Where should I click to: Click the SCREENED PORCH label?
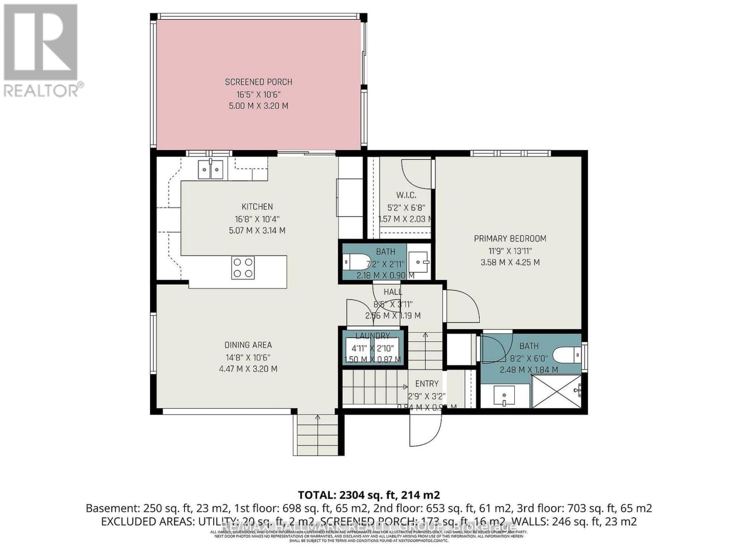(258, 82)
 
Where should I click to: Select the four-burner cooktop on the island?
(243, 268)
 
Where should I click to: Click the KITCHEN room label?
(257, 207)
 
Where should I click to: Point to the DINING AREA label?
(248, 345)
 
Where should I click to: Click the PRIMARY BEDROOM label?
(510, 239)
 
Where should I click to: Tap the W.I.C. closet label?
(406, 195)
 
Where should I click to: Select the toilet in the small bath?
(358, 262)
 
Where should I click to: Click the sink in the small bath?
(419, 262)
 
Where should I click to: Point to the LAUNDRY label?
(372, 336)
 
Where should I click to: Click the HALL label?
(393, 292)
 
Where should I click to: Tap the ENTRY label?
(427, 383)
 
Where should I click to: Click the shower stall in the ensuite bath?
(555, 391)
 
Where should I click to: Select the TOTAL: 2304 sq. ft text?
(369, 495)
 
